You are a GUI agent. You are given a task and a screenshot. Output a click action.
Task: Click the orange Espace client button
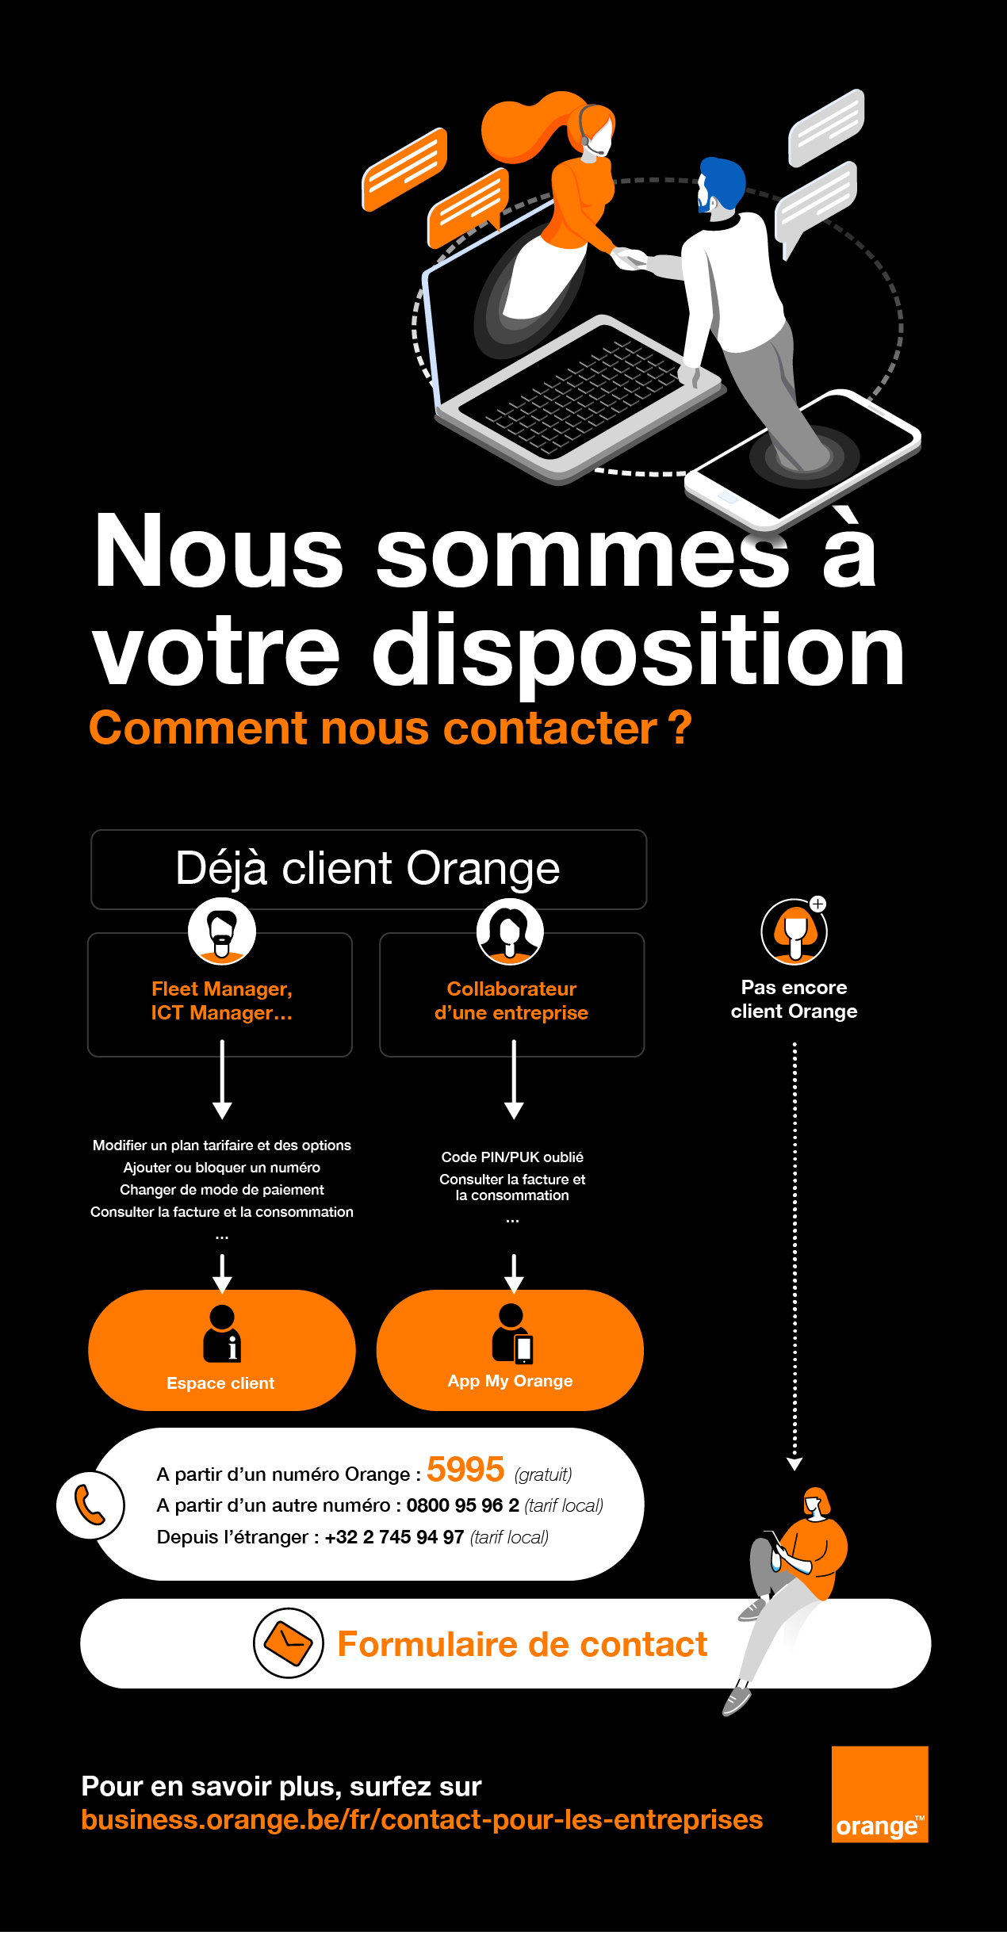click(x=221, y=1350)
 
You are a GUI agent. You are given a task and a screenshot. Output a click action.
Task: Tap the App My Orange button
click(x=510, y=1350)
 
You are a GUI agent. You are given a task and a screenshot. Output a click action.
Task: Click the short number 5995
click(x=465, y=1470)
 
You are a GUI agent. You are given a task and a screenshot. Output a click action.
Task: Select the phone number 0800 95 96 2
click(x=462, y=1505)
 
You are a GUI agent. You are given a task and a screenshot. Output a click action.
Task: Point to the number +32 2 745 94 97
click(x=394, y=1537)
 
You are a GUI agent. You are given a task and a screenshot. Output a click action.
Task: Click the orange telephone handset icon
click(x=90, y=1505)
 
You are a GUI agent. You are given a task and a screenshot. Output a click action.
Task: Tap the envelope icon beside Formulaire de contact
click(x=288, y=1643)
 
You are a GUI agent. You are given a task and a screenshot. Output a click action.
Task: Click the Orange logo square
click(x=879, y=1794)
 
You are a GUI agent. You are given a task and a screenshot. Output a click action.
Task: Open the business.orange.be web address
click(x=422, y=1820)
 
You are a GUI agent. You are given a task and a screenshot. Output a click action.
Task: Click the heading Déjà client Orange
click(x=368, y=869)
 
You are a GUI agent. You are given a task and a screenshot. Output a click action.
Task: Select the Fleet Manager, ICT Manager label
click(x=221, y=1000)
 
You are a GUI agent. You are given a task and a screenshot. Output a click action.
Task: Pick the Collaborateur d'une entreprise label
click(x=511, y=1000)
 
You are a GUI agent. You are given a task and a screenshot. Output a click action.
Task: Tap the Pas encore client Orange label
click(x=794, y=999)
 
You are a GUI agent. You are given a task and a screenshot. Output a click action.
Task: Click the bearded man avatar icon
click(x=222, y=931)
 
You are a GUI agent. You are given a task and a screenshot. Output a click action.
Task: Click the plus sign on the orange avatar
click(x=818, y=904)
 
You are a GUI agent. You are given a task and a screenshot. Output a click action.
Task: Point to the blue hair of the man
click(x=724, y=178)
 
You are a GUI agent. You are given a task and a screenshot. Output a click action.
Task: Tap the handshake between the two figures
click(x=630, y=258)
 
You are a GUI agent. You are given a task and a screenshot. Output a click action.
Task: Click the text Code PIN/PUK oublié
click(x=512, y=1157)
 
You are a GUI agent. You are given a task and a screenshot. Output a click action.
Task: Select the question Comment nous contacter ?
click(x=390, y=728)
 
